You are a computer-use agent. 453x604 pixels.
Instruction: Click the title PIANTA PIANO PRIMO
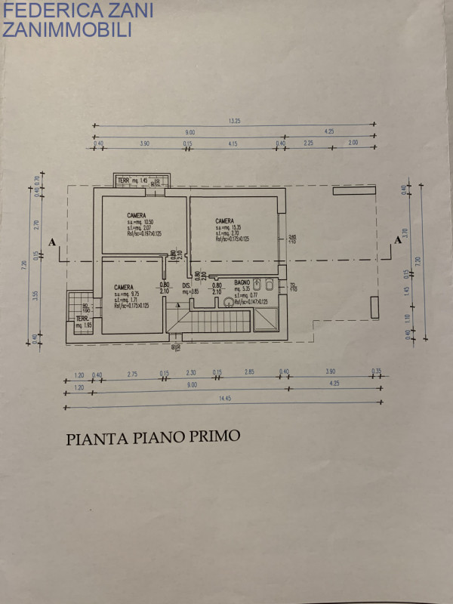pyautogui.click(x=153, y=437)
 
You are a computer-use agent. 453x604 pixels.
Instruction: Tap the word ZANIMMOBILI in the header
pyautogui.click(x=68, y=29)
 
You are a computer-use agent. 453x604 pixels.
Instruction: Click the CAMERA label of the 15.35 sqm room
pyautogui.click(x=223, y=220)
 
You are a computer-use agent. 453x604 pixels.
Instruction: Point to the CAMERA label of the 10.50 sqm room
pyautogui.click(x=137, y=215)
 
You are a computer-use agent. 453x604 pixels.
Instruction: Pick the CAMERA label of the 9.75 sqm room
pyautogui.click(x=124, y=287)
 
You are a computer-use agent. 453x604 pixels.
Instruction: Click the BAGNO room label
pyautogui.click(x=242, y=281)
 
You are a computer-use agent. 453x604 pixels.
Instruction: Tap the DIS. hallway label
pyautogui.click(x=186, y=285)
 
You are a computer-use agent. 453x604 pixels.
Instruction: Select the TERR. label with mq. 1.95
pyautogui.click(x=82, y=318)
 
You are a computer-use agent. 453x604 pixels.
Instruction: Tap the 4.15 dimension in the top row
pyautogui.click(x=232, y=143)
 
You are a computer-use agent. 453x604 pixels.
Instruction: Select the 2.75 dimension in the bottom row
pyautogui.click(x=132, y=372)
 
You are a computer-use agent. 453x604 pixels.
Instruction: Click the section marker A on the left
pyautogui.click(x=51, y=242)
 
